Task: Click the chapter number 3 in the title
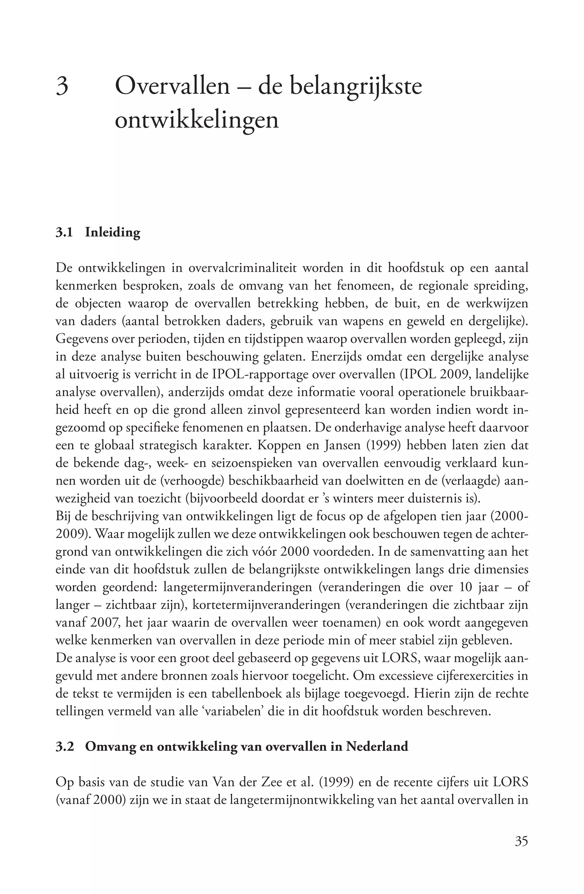62,86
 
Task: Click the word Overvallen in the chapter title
172,86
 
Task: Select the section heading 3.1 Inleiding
98,232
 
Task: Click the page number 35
521,841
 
